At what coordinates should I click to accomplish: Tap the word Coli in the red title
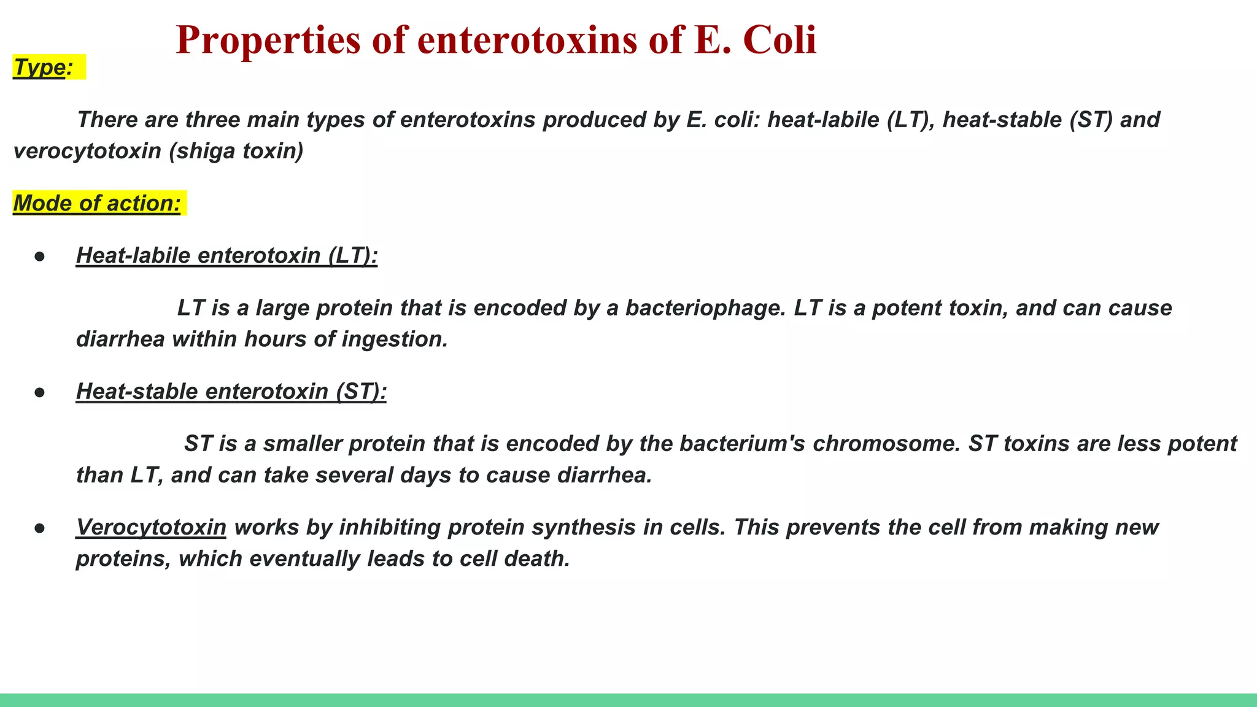(x=779, y=40)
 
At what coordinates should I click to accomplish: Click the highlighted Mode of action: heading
(x=97, y=203)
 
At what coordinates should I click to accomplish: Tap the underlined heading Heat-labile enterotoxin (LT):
(x=226, y=255)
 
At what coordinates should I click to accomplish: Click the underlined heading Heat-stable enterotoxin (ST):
(x=231, y=392)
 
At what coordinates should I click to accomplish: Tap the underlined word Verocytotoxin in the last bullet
(x=151, y=527)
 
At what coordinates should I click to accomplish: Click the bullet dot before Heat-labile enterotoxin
(x=40, y=257)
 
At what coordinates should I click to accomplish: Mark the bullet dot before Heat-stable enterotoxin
(x=40, y=393)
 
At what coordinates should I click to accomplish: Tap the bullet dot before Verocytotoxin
(x=40, y=528)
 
